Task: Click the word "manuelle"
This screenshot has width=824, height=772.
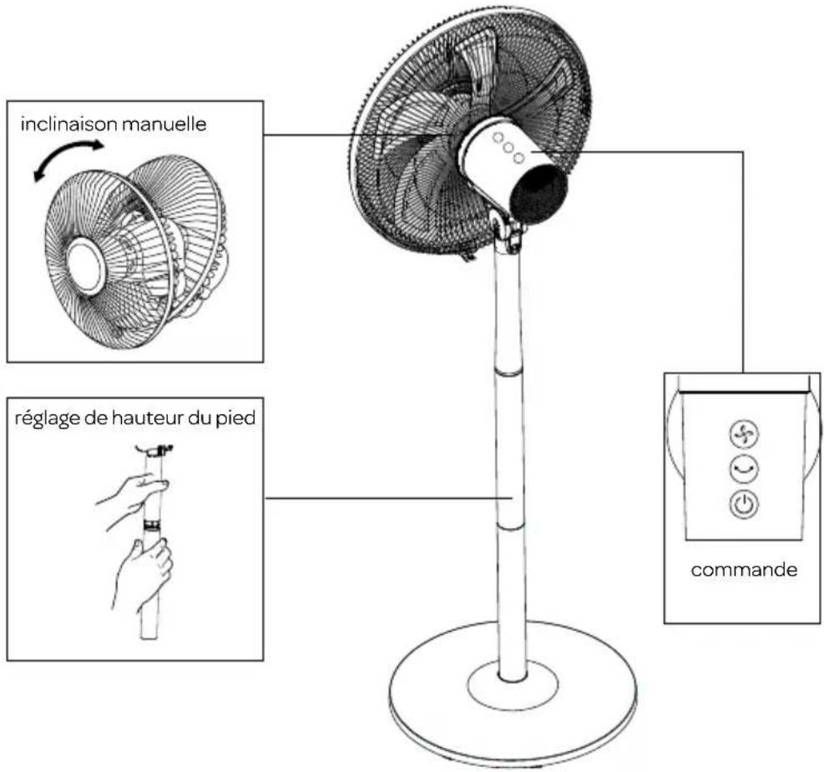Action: [164, 124]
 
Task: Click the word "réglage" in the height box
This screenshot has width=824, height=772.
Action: [48, 419]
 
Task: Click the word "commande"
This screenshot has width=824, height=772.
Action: [744, 570]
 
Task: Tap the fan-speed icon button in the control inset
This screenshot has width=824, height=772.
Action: [744, 434]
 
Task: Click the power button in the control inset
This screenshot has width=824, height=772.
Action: [744, 505]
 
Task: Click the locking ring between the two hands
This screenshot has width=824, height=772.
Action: [153, 526]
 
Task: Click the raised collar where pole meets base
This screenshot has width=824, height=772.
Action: [513, 683]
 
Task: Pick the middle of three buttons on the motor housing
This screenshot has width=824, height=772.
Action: [508, 147]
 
